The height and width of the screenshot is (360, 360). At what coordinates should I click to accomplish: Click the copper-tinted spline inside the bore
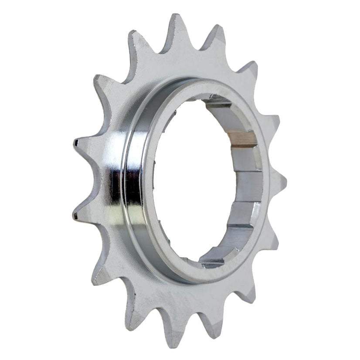[242, 139]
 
